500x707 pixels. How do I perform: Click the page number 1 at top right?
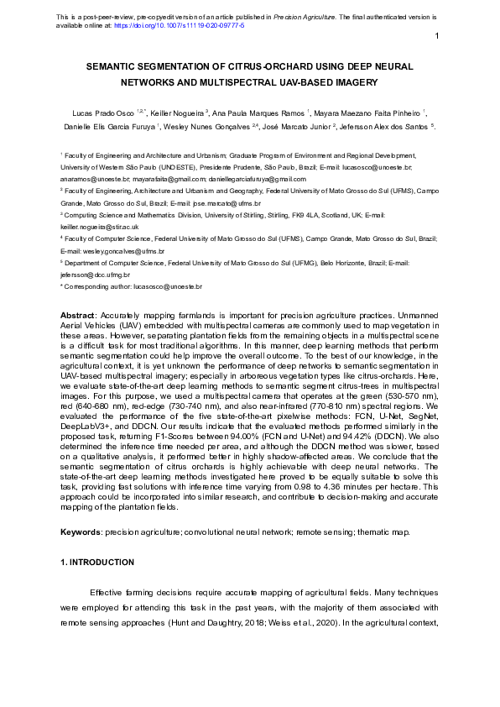click(438, 36)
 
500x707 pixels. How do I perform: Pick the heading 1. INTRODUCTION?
click(97, 562)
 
